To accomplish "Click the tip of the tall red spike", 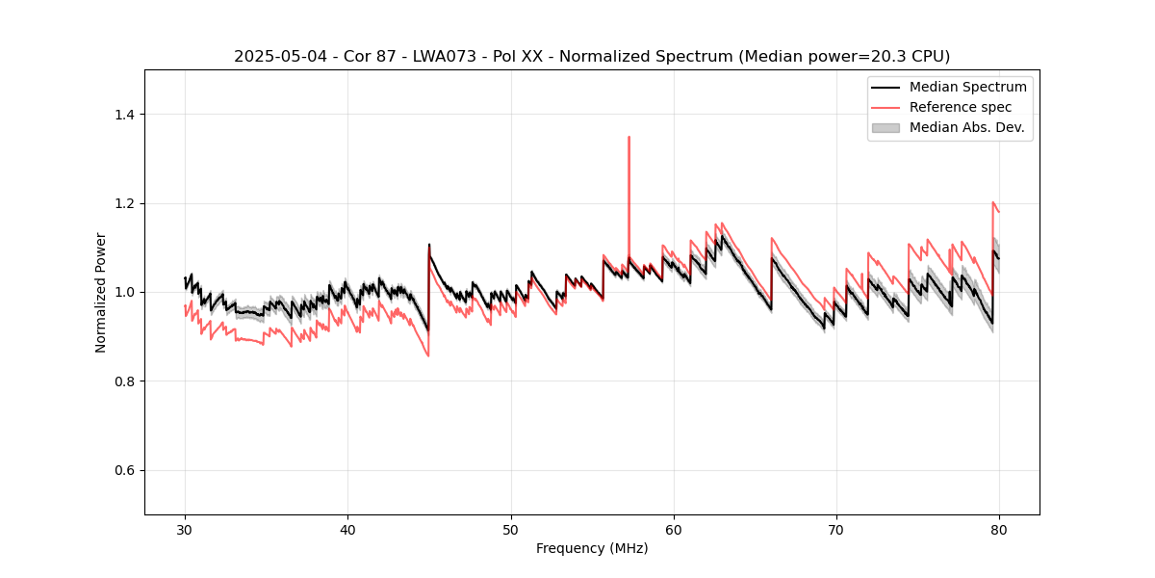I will pyautogui.click(x=629, y=137).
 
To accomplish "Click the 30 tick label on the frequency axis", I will pyautogui.click(x=185, y=529).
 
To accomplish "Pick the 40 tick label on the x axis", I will pyautogui.click(x=347, y=529).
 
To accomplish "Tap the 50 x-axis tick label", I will pyautogui.click(x=510, y=529).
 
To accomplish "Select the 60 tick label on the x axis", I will pyautogui.click(x=674, y=529).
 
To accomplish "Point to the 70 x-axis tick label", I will pyautogui.click(x=836, y=529).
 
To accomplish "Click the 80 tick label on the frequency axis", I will pyautogui.click(x=999, y=529).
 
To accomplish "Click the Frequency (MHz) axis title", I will pyautogui.click(x=592, y=548).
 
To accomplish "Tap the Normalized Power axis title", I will pyautogui.click(x=101, y=292).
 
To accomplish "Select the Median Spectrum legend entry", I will pyautogui.click(x=967, y=87).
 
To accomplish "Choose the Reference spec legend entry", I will pyautogui.click(x=961, y=107).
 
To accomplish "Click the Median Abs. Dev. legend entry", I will pyautogui.click(x=966, y=127).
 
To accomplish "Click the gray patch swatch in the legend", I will pyautogui.click(x=885, y=127).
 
